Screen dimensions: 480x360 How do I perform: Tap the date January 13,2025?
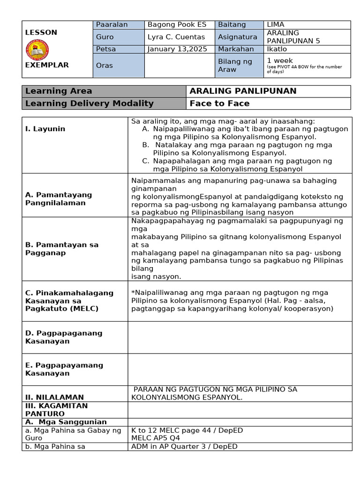coord(177,49)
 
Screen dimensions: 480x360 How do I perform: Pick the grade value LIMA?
coord(276,24)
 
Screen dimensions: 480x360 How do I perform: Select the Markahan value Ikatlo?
coord(277,49)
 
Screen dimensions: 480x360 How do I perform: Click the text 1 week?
coord(280,60)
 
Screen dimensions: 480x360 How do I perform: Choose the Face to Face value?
coord(219,103)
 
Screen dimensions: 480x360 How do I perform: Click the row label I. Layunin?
coord(45,128)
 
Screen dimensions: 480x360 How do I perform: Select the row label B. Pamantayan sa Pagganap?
coord(62,248)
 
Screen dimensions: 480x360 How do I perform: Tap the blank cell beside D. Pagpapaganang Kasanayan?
coord(240,337)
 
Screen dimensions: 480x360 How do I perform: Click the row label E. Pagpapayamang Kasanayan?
coord(64,369)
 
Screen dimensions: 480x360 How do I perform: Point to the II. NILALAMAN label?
coord(54,397)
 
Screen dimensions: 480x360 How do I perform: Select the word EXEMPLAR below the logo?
coord(47,65)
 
